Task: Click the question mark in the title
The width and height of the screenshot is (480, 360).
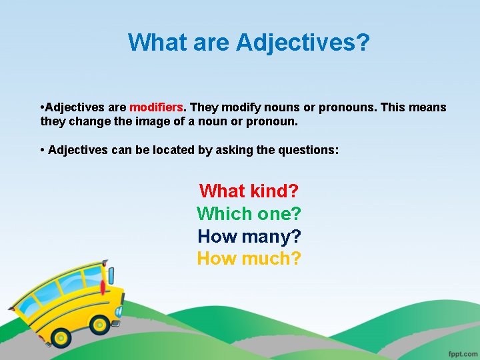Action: tap(363, 43)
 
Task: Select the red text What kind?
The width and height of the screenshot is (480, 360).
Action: tap(249, 191)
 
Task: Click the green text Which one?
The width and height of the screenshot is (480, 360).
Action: tap(249, 214)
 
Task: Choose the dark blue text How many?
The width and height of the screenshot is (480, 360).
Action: tap(249, 236)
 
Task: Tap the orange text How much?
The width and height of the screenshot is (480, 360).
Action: tap(249, 258)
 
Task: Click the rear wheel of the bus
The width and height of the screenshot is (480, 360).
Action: tap(61, 337)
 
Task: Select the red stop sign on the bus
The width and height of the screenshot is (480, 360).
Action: tap(103, 289)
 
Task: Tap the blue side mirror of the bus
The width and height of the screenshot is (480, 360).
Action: tap(111, 275)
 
